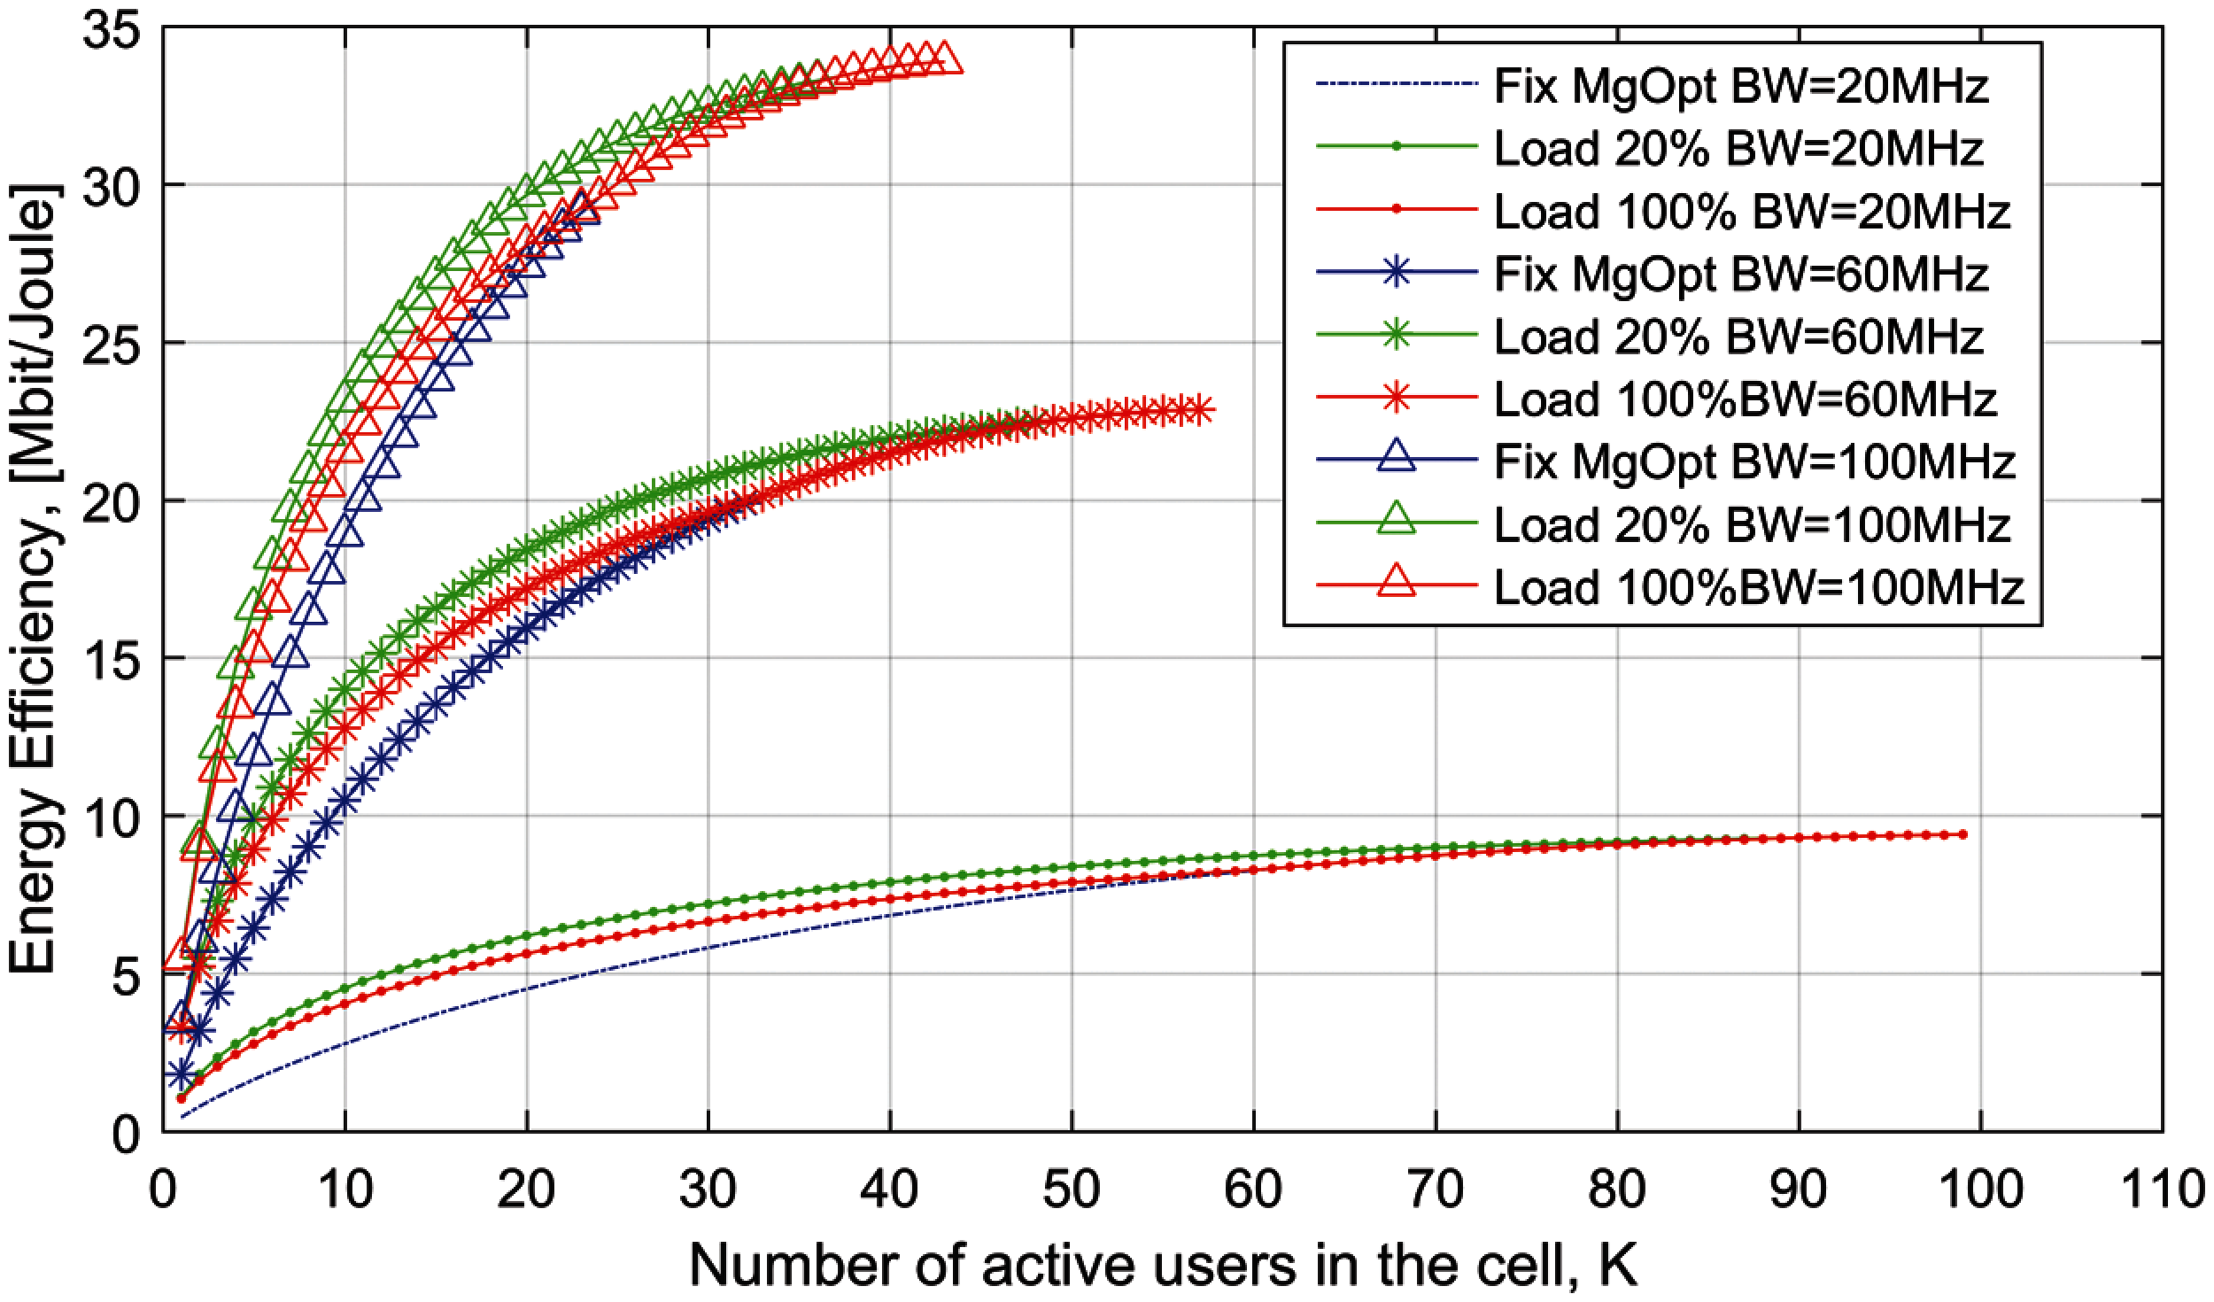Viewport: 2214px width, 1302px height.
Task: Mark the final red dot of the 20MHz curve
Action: pos(1962,834)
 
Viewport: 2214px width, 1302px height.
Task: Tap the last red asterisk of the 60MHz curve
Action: pos(1199,410)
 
